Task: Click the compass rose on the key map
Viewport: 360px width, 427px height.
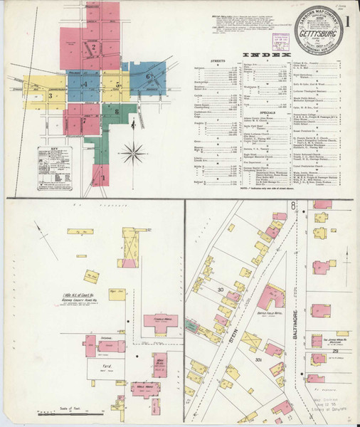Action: coord(133,152)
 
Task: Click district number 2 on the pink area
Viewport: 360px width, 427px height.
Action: coord(93,48)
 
